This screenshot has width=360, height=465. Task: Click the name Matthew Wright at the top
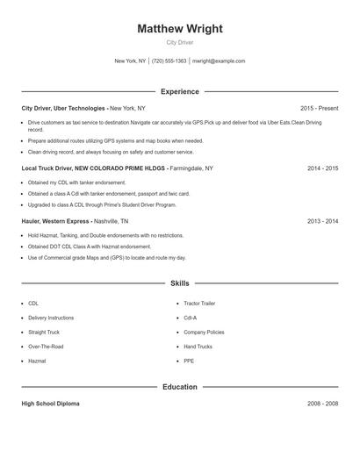180,29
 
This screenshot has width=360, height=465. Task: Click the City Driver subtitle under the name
180,42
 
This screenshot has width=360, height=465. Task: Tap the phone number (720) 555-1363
169,61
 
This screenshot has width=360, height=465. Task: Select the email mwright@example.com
219,61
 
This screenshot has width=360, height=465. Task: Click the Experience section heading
180,91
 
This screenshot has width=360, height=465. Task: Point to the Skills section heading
180,283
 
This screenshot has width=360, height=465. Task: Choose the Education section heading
180,387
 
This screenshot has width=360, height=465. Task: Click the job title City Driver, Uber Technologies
63,108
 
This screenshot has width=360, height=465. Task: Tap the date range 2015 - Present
319,108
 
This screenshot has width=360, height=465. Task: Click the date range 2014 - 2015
322,168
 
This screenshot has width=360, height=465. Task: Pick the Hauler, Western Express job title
55,222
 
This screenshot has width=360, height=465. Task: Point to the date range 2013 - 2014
322,222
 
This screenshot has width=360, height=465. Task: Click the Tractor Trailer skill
199,304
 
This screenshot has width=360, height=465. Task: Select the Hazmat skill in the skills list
37,361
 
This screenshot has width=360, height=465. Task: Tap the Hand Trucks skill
198,347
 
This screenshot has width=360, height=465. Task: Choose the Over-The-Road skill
46,347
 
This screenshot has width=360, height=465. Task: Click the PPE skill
189,361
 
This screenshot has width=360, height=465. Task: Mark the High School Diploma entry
50,404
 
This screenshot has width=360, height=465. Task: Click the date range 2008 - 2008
322,404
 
